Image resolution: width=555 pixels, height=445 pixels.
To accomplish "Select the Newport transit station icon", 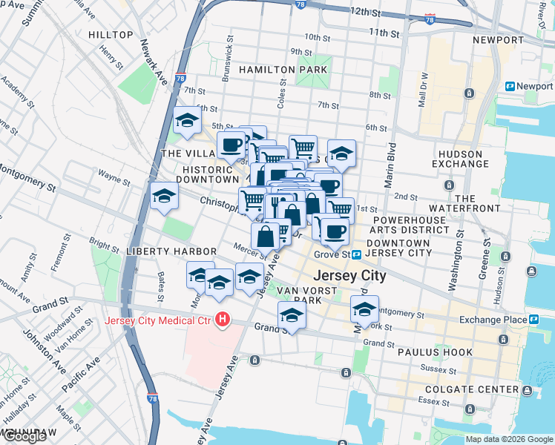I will click(510, 86).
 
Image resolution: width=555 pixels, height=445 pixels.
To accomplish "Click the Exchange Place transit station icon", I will click(534, 320).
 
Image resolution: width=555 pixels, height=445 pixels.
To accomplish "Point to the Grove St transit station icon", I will click(357, 254).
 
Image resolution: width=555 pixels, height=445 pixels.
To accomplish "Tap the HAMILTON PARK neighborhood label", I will click(283, 70).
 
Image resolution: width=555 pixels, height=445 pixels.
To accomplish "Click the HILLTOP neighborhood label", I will click(111, 35).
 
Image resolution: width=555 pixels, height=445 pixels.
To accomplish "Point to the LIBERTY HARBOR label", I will click(162, 252).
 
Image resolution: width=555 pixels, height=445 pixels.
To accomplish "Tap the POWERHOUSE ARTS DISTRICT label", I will click(411, 225).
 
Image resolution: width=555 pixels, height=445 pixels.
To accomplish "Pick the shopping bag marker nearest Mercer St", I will click(266, 237).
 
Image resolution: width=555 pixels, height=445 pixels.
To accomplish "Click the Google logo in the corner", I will click(24, 436).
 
